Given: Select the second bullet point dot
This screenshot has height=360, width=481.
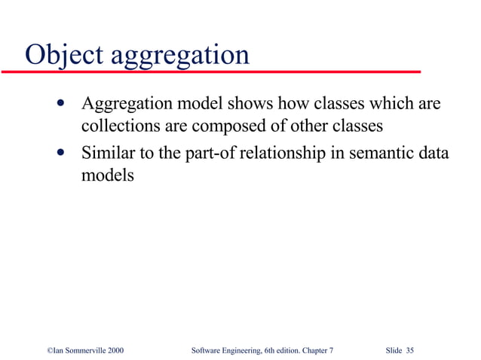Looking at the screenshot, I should click(60, 153).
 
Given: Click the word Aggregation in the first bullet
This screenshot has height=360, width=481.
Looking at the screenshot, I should click(124, 103).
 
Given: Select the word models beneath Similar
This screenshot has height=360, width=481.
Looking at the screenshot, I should click(107, 175).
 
